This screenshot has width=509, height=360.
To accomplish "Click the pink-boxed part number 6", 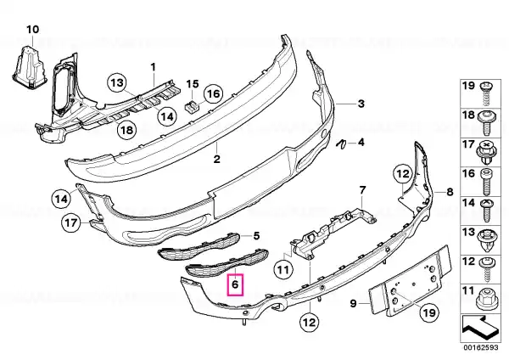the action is pyautogui.click(x=235, y=284).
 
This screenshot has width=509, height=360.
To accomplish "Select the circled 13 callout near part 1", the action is pyautogui.click(x=117, y=83).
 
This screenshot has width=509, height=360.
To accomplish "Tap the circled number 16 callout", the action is pyautogui.click(x=213, y=94).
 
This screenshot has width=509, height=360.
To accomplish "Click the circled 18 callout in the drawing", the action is pyautogui.click(x=126, y=130).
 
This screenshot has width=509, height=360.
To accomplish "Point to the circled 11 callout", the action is pyautogui.click(x=282, y=269).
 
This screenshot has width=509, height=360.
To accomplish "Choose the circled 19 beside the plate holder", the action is pyautogui.click(x=428, y=312).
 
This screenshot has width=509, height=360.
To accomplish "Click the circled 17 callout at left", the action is pyautogui.click(x=71, y=223).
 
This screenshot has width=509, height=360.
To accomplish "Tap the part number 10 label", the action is pyautogui.click(x=32, y=30).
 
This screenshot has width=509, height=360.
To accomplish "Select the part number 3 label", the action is pyautogui.click(x=361, y=104).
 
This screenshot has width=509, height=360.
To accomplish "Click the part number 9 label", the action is pyautogui.click(x=353, y=303).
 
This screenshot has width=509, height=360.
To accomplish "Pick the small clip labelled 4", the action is pyautogui.click(x=341, y=144).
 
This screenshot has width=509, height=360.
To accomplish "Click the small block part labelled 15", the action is pyautogui.click(x=192, y=106).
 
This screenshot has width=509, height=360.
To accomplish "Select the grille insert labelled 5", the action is pyautogui.click(x=199, y=247).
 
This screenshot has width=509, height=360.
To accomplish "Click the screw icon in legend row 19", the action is pyautogui.click(x=485, y=94).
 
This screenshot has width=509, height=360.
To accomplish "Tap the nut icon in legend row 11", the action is pyautogui.click(x=485, y=299).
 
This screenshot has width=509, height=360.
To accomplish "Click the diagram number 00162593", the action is pyautogui.click(x=481, y=347).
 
